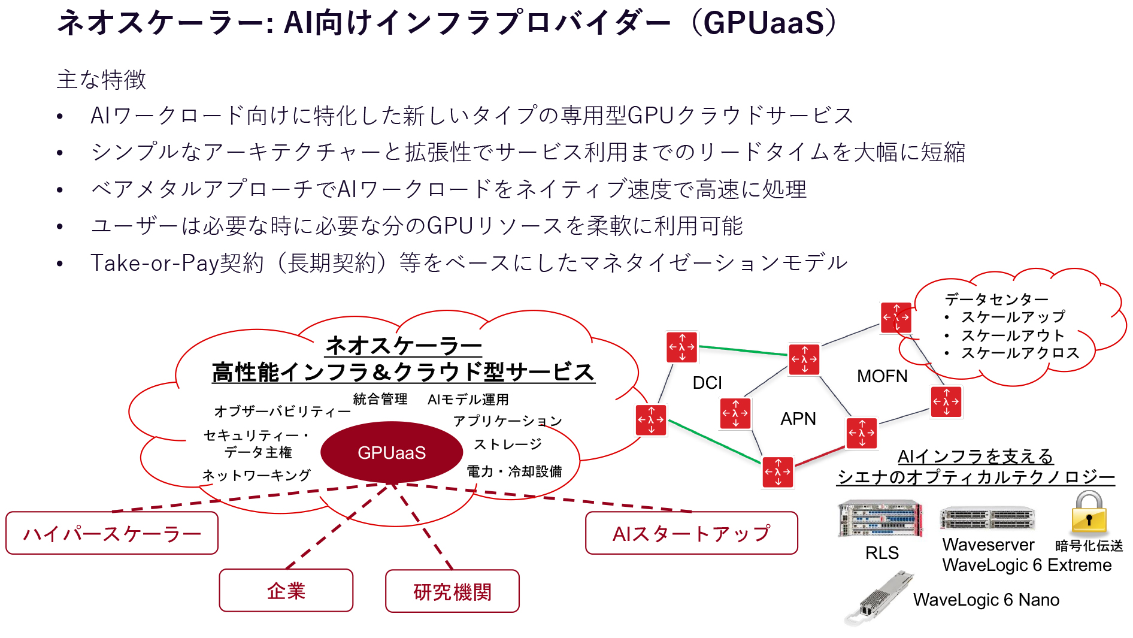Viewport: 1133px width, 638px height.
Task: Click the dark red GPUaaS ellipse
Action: point(391,452)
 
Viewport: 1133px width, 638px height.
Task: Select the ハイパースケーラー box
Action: point(112,533)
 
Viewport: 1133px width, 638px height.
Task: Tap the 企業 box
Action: point(286,591)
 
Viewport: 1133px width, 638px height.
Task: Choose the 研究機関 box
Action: point(452,591)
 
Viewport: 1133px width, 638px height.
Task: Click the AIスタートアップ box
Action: point(691,533)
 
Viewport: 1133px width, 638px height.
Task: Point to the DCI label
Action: point(707,383)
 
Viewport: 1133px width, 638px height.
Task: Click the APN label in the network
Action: point(798,419)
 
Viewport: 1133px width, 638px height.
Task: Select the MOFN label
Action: point(881,376)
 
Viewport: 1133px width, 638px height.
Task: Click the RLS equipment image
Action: point(880,519)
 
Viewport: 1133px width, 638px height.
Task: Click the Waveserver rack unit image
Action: point(987,518)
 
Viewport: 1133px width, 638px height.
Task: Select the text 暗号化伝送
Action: point(1088,546)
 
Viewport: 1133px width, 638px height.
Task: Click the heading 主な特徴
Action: point(101,80)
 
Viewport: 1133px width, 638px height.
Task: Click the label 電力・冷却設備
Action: point(514,471)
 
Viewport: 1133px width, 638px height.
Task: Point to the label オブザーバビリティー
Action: point(282,411)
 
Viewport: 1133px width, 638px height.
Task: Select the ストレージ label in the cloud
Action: point(507,444)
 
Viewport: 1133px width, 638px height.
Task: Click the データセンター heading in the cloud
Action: point(996,299)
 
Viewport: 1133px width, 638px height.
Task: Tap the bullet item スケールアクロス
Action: point(1019,353)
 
